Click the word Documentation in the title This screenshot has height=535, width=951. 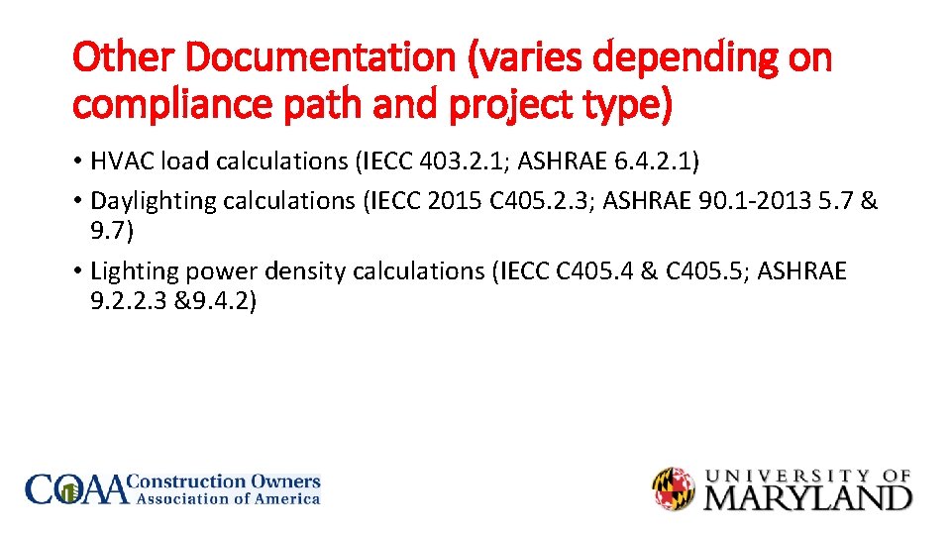click(x=316, y=58)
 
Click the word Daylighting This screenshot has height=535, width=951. click(x=153, y=200)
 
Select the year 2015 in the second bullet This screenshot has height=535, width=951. click(x=454, y=200)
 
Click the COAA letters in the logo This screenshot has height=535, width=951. click(x=77, y=488)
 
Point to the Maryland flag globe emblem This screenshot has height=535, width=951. click(x=674, y=488)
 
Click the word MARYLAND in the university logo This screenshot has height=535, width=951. click(x=807, y=495)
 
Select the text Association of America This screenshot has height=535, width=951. click(x=228, y=499)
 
